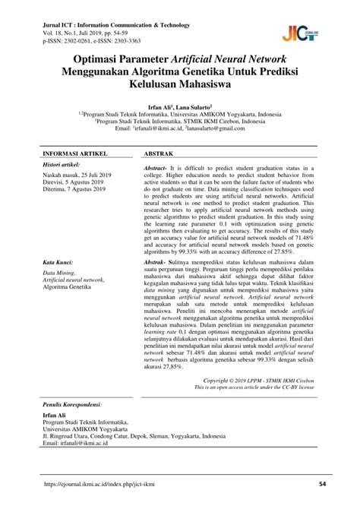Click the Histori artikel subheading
tap(61, 164)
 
